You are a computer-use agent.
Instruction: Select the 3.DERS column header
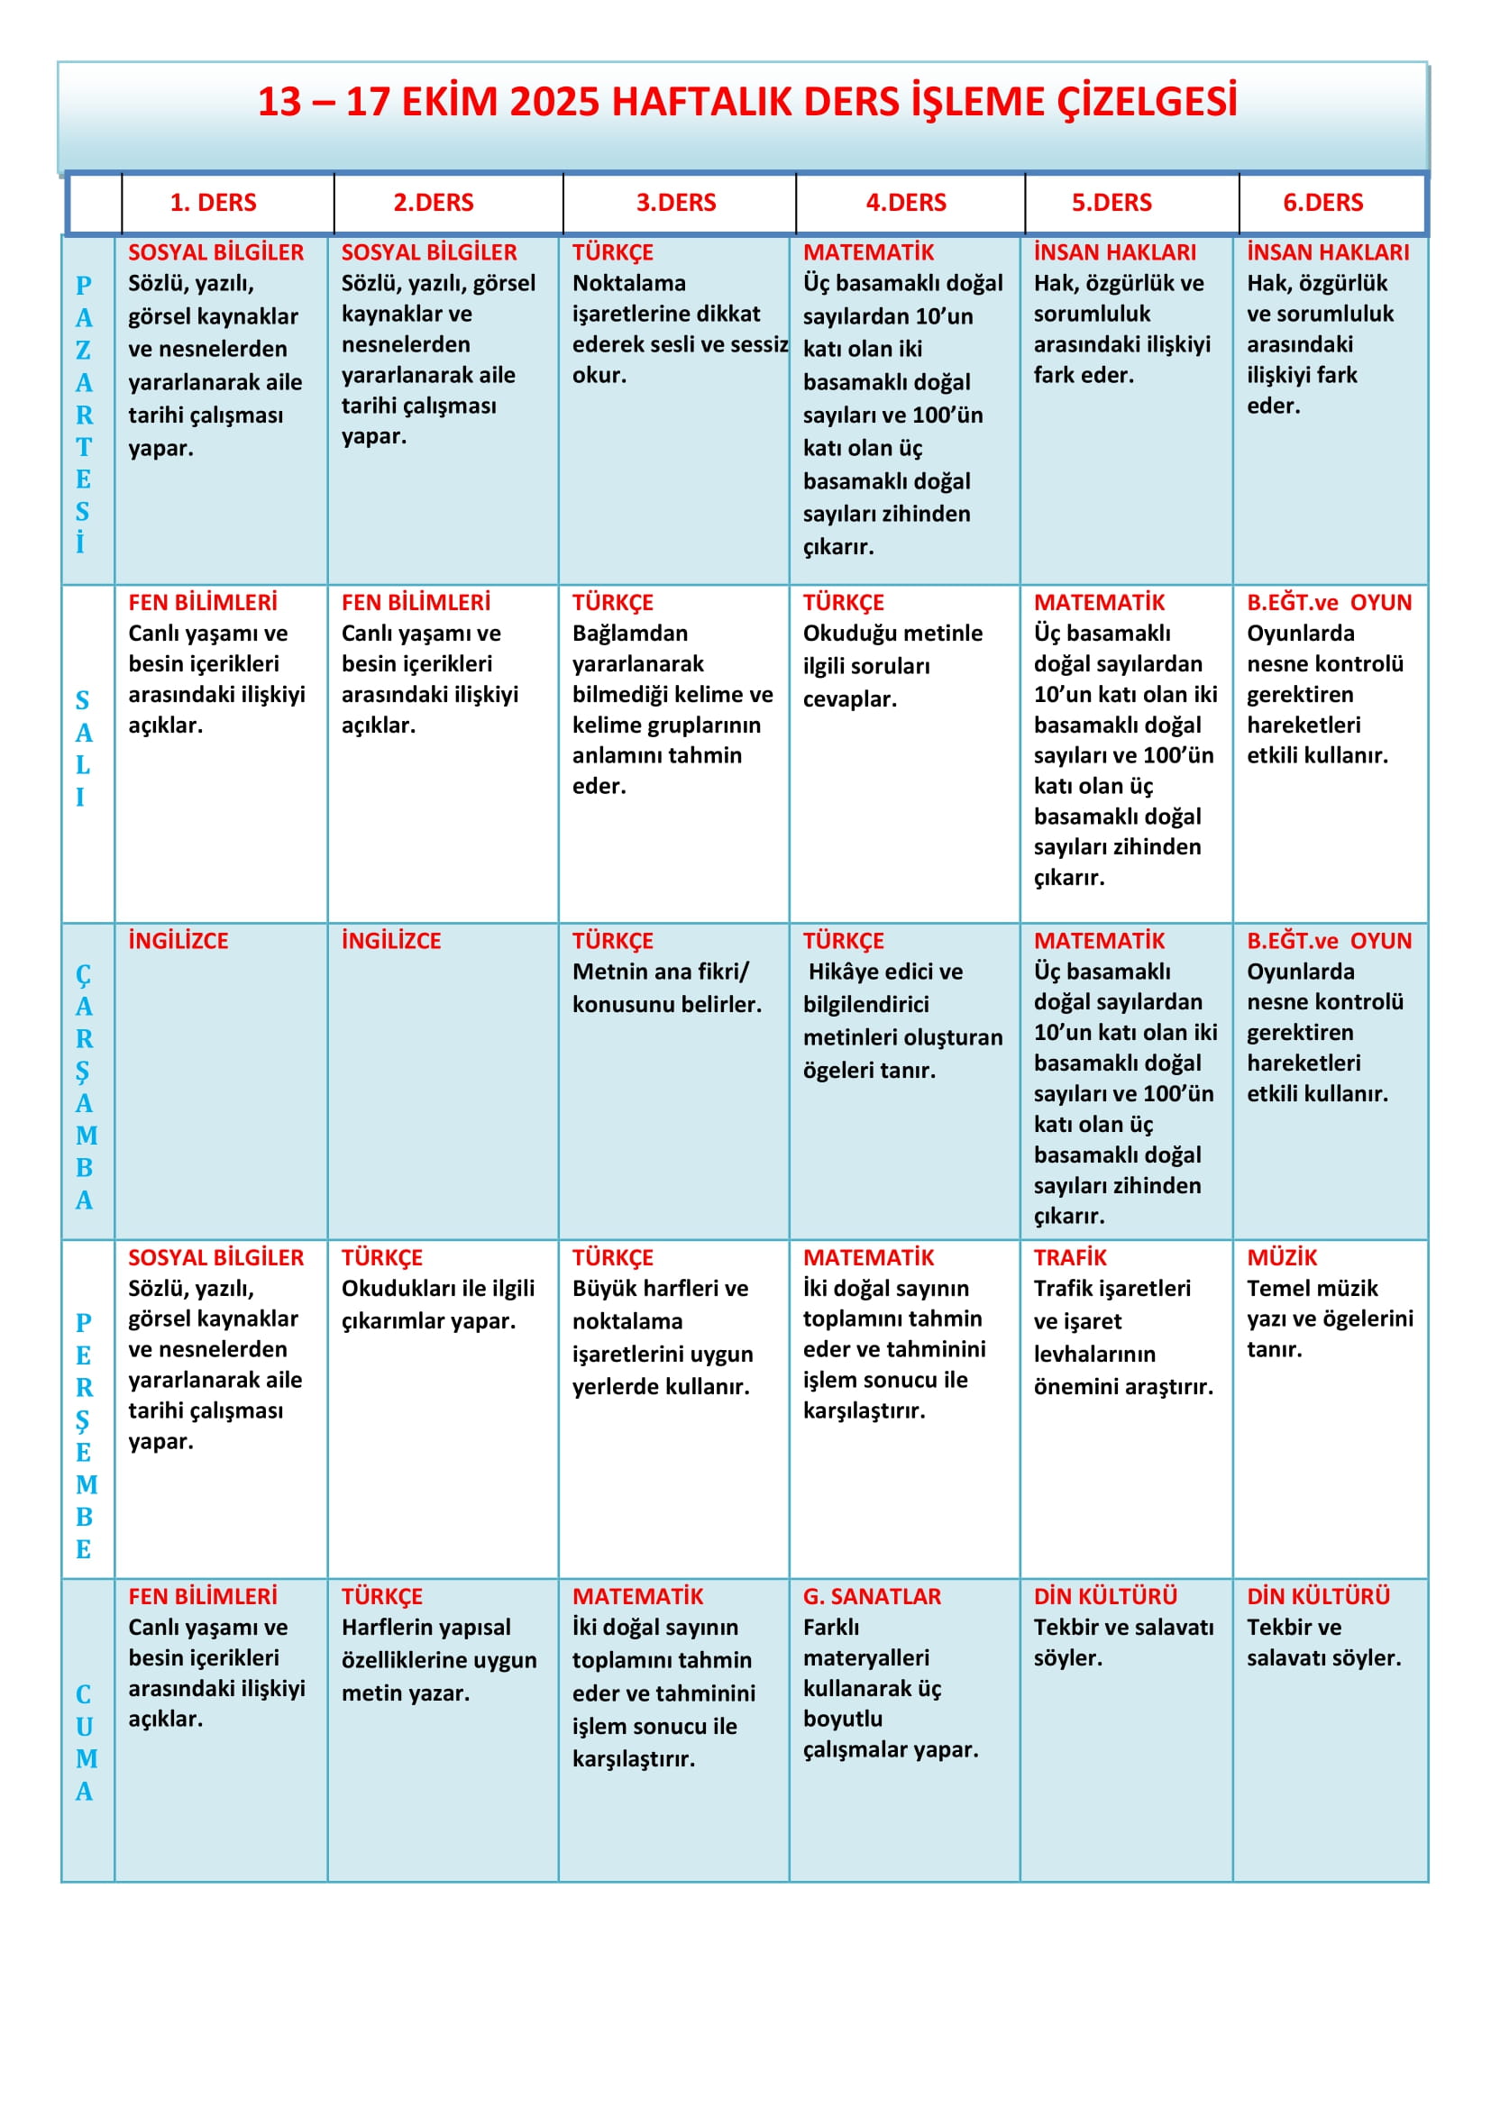point(676,202)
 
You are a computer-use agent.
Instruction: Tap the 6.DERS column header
point(1322,202)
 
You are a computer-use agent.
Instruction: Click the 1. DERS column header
point(213,202)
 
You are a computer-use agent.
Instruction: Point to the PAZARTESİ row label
point(84,413)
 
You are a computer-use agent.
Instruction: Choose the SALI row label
point(83,748)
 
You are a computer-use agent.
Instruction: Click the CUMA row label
point(84,1742)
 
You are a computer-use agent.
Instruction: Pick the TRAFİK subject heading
point(1070,1257)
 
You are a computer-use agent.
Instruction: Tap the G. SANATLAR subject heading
point(872,1596)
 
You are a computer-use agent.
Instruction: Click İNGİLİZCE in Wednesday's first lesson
point(178,940)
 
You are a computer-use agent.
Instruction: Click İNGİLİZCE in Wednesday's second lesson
point(391,940)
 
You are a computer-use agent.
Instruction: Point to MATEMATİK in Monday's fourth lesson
point(867,252)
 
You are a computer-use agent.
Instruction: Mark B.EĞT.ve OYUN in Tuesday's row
point(1329,602)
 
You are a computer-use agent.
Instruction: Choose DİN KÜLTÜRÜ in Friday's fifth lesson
point(1104,1596)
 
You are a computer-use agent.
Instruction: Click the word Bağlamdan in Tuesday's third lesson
point(630,634)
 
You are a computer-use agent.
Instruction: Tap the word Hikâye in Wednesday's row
point(846,972)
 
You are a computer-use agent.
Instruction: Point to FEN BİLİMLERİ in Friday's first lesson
point(202,1596)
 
